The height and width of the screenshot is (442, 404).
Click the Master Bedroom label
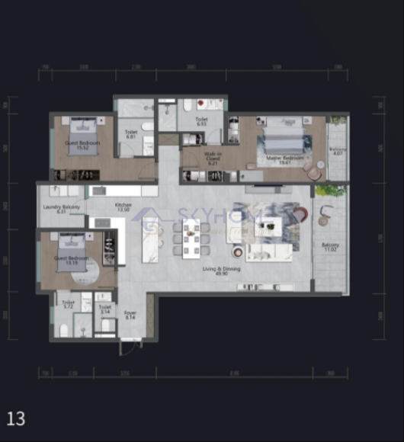tap(285, 158)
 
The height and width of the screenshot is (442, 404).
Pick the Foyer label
tap(130, 312)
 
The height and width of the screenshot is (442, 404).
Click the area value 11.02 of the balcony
tap(331, 249)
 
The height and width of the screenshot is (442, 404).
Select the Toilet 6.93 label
tap(201, 122)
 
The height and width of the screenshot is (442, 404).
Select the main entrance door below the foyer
tap(130, 347)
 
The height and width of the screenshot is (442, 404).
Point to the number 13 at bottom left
tap(16, 418)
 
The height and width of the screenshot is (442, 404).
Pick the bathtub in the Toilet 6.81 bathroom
tap(133, 107)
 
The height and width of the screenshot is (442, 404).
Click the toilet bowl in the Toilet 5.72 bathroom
tap(65, 330)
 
